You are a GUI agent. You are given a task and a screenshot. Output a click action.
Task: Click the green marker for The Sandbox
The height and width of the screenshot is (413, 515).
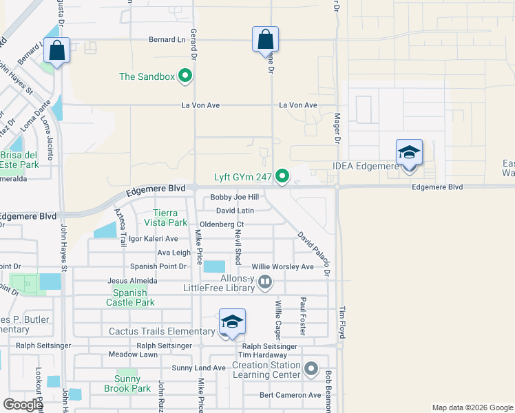click(185, 76)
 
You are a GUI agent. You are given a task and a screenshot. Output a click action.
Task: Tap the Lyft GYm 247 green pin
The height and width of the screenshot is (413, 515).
click(282, 178)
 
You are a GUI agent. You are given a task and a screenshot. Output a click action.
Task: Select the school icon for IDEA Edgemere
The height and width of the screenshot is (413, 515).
click(409, 153)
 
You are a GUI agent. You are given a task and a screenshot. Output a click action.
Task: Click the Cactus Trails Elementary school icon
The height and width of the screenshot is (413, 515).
click(232, 324)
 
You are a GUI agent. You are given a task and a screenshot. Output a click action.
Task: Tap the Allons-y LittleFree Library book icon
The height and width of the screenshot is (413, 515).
click(266, 282)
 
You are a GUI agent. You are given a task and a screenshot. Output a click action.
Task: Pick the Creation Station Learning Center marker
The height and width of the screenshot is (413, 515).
click(312, 370)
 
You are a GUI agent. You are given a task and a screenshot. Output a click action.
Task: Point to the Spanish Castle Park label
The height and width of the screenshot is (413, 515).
click(130, 297)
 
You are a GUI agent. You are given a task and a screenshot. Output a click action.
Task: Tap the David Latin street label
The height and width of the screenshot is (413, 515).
click(235, 211)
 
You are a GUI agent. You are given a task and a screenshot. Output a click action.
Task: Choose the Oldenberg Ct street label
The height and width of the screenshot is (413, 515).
click(222, 224)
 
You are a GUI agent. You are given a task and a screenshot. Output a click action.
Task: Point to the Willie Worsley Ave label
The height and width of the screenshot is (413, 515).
click(282, 266)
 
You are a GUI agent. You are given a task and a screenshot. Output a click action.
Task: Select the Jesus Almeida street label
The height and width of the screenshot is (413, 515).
click(132, 281)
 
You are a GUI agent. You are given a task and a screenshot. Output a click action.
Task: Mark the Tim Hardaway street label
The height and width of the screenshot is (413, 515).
click(263, 354)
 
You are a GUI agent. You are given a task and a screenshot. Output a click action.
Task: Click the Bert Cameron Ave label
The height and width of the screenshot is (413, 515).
click(290, 395)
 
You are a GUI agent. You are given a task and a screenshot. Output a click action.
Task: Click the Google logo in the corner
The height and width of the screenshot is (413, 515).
click(23, 404)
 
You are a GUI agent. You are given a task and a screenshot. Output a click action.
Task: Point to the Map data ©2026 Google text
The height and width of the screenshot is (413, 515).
click(472, 407)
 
